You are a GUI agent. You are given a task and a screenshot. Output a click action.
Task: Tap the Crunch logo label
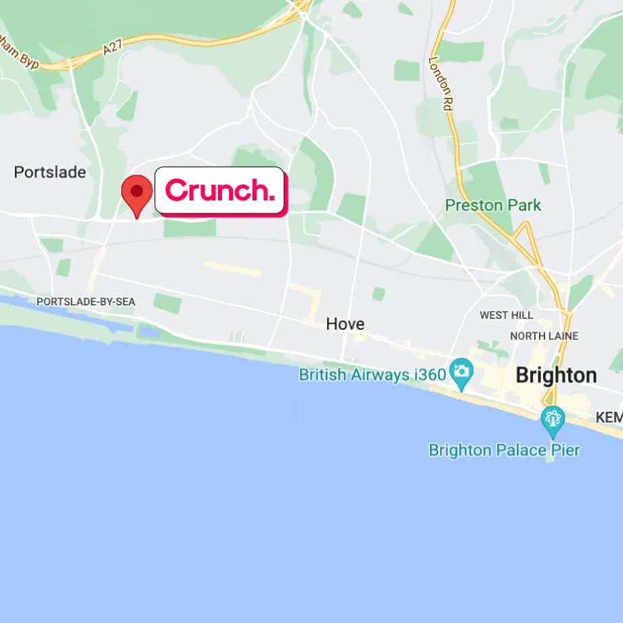click(x=219, y=191)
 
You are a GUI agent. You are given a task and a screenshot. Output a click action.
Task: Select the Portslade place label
click(x=50, y=172)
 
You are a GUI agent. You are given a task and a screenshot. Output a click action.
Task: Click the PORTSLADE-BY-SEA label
click(x=85, y=301)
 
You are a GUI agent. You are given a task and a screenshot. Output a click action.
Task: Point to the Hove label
click(x=345, y=324)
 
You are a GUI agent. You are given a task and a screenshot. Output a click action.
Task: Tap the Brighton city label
click(x=556, y=375)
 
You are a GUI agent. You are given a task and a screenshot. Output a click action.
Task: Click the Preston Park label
click(x=493, y=205)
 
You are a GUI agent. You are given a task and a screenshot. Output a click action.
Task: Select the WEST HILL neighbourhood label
click(x=506, y=315)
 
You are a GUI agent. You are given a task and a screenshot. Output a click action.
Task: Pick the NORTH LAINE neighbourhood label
click(x=544, y=336)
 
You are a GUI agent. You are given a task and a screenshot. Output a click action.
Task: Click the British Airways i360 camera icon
click(x=462, y=372)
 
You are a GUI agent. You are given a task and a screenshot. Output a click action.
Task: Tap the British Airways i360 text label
click(x=372, y=374)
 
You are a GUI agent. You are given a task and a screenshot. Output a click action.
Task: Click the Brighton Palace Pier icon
click(x=553, y=419)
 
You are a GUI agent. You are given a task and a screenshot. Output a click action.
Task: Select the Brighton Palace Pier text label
click(x=504, y=450)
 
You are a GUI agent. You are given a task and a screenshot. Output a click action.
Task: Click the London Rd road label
click(x=439, y=83)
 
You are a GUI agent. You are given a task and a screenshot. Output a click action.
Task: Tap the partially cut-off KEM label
click(x=609, y=418)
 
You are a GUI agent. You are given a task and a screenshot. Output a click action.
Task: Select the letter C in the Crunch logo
click(x=175, y=190)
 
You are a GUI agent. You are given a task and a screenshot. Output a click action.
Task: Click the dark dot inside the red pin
click(x=137, y=191)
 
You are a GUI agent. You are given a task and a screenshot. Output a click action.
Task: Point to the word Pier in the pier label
click(x=563, y=450)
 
